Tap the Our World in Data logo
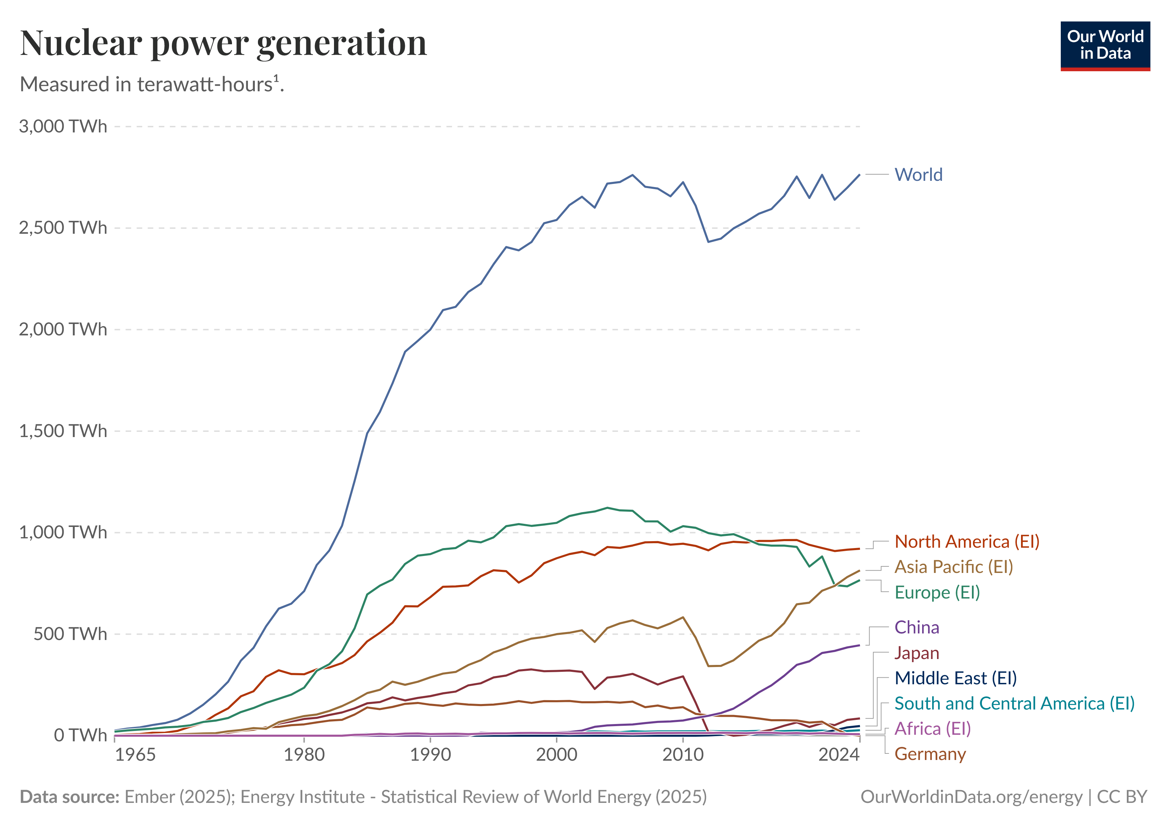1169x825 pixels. tap(1105, 46)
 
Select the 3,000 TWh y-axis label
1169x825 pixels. tap(63, 126)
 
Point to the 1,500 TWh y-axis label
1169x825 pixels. tap(63, 431)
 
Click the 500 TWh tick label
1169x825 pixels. tap(70, 634)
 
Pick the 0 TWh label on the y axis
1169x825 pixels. tap(81, 735)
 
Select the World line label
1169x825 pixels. tap(918, 175)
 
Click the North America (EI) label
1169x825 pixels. tap(967, 542)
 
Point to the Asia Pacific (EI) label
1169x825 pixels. tap(954, 567)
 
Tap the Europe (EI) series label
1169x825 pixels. tap(937, 592)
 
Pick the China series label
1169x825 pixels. tap(917, 628)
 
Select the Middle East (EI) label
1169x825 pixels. tap(955, 678)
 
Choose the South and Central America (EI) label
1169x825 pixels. tap(1014, 703)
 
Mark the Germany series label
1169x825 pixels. tap(930, 754)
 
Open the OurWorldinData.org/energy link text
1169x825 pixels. tap(971, 797)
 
